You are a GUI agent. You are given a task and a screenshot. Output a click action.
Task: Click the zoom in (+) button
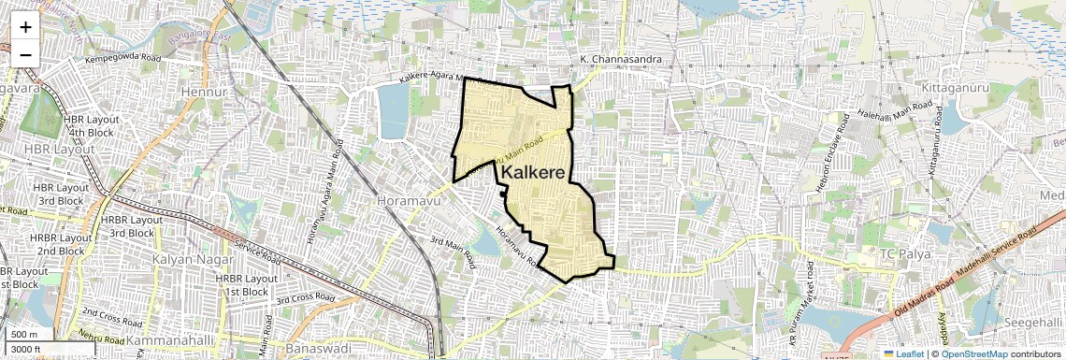click(x=25, y=26)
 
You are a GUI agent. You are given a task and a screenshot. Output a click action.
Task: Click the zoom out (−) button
click(x=25, y=54)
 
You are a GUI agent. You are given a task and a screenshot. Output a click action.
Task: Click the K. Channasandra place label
click(x=621, y=60)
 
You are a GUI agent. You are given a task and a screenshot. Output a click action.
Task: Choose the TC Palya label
click(x=901, y=254)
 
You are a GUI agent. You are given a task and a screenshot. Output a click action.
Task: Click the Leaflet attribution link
click(x=904, y=353)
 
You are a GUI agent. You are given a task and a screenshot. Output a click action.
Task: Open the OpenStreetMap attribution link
click(x=973, y=353)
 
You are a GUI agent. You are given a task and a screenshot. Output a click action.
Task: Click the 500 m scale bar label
click(x=24, y=335)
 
